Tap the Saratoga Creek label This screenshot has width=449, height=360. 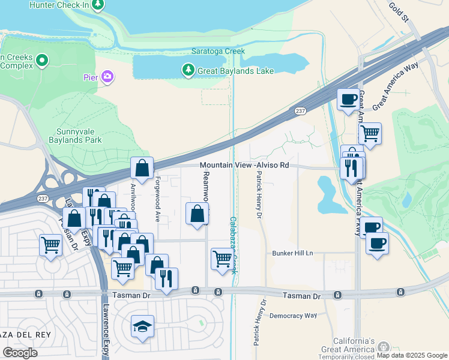pos(217,51)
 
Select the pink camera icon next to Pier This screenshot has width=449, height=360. pos(107,76)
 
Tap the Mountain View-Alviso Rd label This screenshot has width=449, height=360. pos(244,165)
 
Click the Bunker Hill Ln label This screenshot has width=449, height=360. pos(292,253)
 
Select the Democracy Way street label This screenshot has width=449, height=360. pos(293,315)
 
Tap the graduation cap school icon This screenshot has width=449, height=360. pos(142,326)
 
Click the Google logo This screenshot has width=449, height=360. pos(20,352)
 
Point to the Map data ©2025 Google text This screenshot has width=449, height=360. pos(412,355)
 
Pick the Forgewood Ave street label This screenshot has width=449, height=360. pos(158,199)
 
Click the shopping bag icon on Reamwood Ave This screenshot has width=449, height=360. pos(197,214)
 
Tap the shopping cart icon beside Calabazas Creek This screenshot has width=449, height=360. pos(222,259)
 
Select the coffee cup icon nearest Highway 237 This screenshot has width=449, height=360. pos(348,99)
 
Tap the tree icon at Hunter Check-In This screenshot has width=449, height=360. pos(96,5)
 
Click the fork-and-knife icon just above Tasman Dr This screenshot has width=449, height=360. pos(166,278)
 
